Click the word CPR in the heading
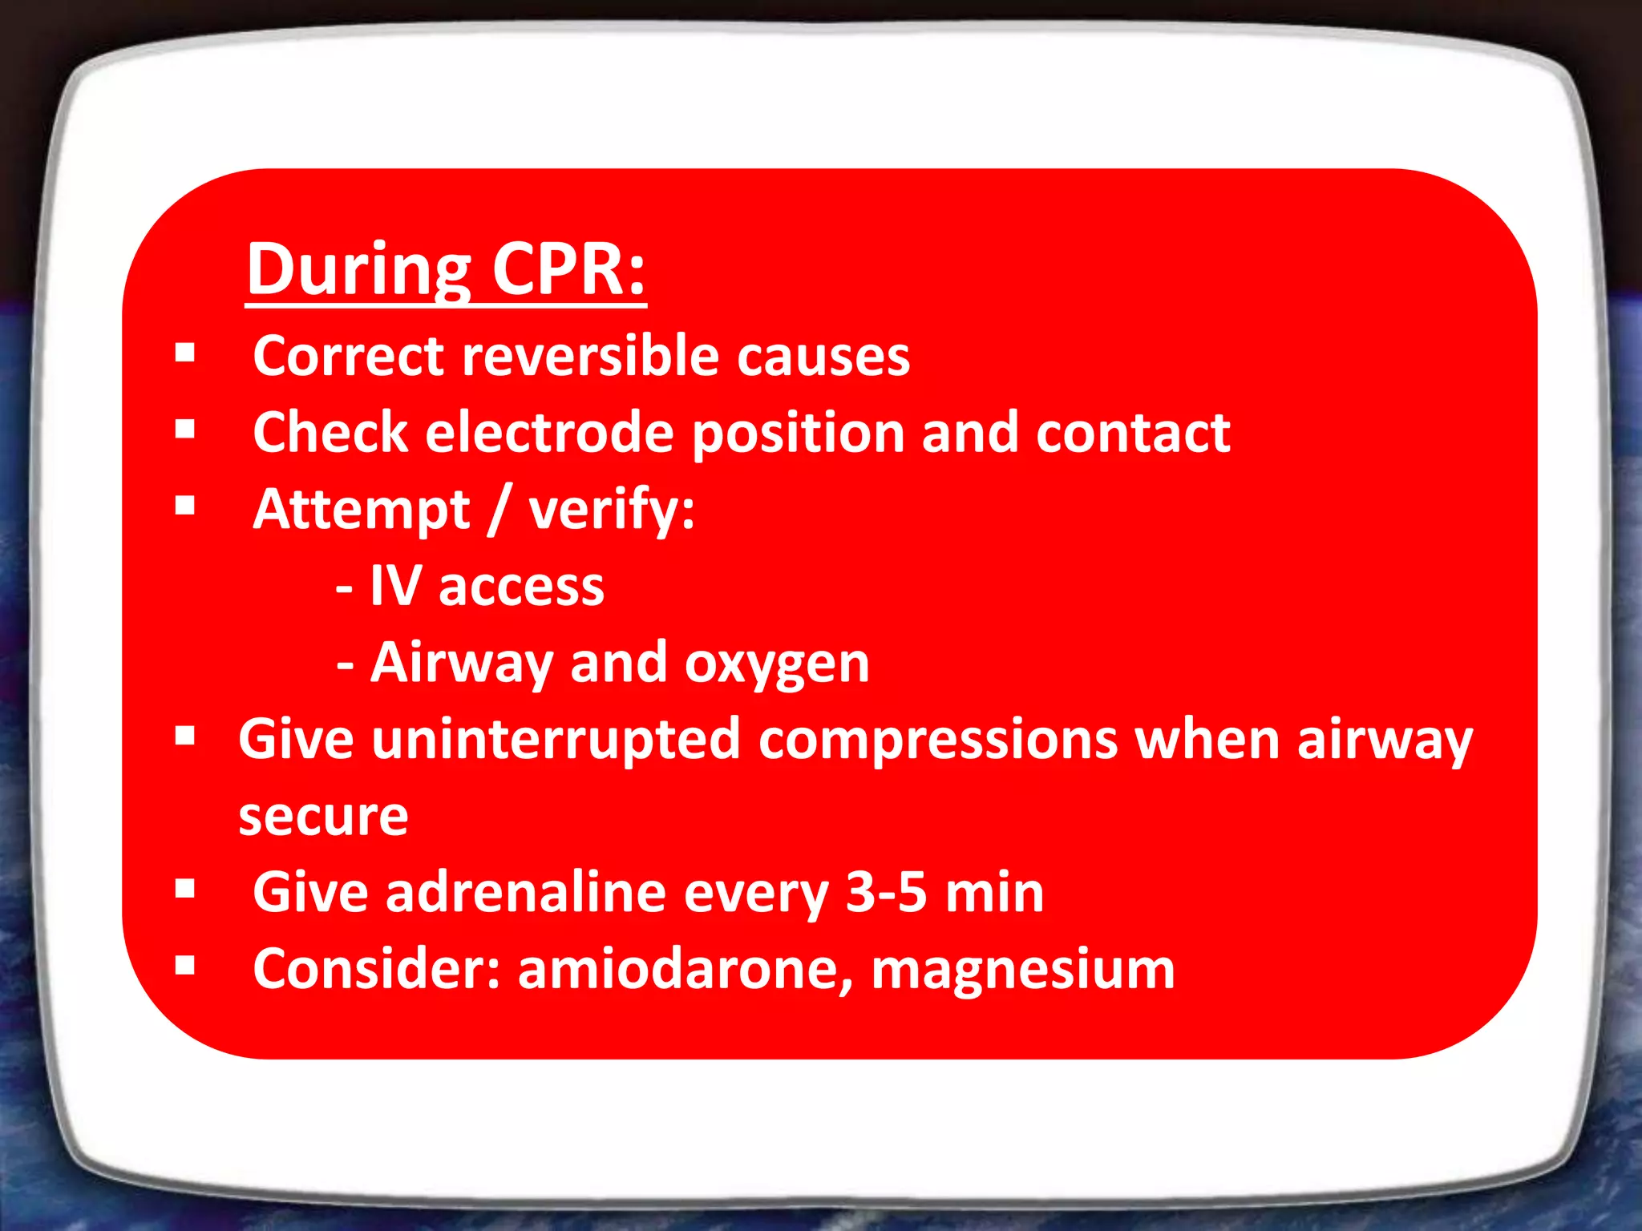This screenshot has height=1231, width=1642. pos(568,269)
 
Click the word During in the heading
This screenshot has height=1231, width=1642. pos(358,271)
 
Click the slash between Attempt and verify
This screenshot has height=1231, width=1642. pos(499,510)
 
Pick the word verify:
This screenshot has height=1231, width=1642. pos(611,511)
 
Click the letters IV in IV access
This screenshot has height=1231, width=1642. pos(394,586)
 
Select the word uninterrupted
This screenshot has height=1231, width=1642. pos(555,740)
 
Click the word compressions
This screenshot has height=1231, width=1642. pos(937,741)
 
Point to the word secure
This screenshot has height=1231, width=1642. pos(323,817)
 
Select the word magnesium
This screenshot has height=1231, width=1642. pos(1022,970)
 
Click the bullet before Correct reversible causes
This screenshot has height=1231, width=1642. pos(185,353)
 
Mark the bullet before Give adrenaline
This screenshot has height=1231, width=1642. pos(185,889)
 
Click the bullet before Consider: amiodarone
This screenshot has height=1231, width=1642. pos(185,966)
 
